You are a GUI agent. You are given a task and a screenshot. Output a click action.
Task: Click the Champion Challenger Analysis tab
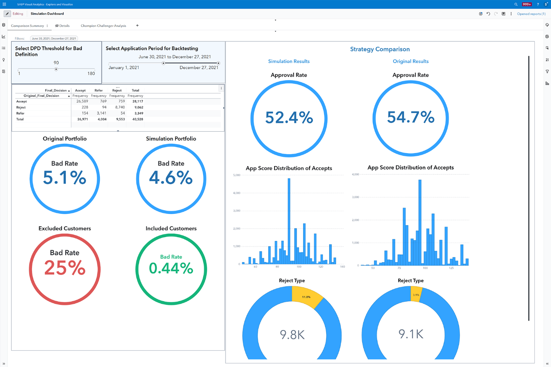[x=103, y=26]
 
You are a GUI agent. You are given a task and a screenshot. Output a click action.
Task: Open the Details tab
[x=62, y=26]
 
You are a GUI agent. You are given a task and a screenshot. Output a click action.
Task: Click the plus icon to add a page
[x=137, y=25]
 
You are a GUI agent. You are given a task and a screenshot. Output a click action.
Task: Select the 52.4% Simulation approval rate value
[x=289, y=117]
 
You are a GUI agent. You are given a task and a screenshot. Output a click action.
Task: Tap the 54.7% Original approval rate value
[x=411, y=117]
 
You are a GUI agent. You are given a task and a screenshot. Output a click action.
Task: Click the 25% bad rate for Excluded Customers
[x=65, y=268]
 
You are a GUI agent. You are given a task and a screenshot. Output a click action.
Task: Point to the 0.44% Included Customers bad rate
[x=171, y=268]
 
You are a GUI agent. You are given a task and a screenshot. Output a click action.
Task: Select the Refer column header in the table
[x=98, y=90]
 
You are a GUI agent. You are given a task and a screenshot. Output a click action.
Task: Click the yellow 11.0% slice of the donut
[x=306, y=297]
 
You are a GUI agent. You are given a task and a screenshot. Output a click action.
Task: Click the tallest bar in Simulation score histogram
[x=289, y=219]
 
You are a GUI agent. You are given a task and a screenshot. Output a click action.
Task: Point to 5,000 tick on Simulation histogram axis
[x=236, y=175]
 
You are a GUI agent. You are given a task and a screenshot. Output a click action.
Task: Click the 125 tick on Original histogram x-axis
[x=452, y=268]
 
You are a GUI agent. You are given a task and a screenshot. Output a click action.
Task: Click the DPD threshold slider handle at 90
[x=56, y=69]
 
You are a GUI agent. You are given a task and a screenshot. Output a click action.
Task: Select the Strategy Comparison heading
[x=380, y=49]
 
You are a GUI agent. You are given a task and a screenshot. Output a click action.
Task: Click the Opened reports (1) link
[x=531, y=14]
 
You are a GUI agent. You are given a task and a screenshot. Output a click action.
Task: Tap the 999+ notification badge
[x=526, y=4]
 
